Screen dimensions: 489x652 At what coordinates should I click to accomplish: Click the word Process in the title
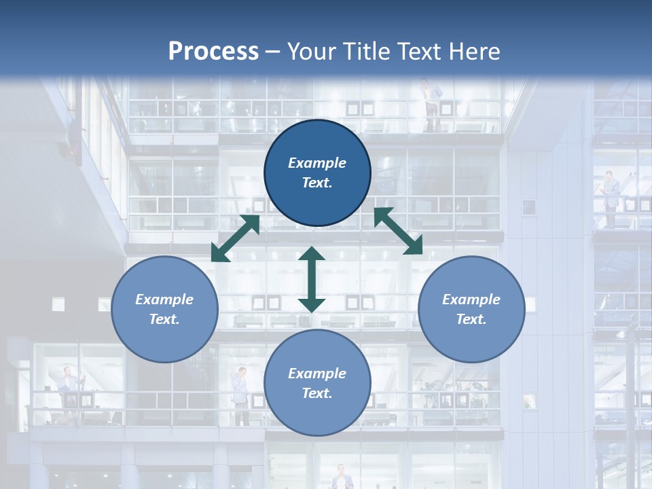213,52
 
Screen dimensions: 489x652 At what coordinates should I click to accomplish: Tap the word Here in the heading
473,52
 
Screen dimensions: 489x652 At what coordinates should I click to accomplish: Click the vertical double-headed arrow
312,279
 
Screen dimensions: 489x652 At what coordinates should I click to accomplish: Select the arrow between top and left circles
235,238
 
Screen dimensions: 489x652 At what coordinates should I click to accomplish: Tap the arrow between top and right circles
398,231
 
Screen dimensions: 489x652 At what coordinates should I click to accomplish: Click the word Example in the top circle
317,163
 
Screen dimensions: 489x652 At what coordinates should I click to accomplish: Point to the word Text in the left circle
164,319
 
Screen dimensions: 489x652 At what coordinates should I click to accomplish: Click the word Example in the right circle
471,300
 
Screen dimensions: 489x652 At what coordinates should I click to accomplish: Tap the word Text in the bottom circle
317,393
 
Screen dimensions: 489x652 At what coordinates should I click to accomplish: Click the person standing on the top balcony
427,102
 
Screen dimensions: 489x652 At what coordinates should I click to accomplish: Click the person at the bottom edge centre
342,477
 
